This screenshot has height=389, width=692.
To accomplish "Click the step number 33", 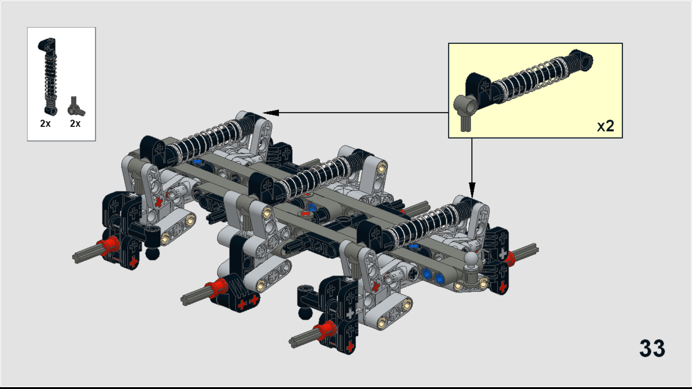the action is point(652,348).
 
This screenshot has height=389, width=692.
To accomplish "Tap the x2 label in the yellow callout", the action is point(605,126).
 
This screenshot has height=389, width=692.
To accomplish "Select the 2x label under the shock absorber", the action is point(45,124).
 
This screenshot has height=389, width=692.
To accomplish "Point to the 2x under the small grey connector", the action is point(75,124).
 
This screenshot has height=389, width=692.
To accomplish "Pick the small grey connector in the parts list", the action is point(76,107).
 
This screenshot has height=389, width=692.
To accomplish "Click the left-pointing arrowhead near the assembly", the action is point(271,113).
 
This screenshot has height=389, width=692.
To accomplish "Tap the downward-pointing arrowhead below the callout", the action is point(472,189).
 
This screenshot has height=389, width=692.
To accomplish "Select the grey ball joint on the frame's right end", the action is point(471,259).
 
